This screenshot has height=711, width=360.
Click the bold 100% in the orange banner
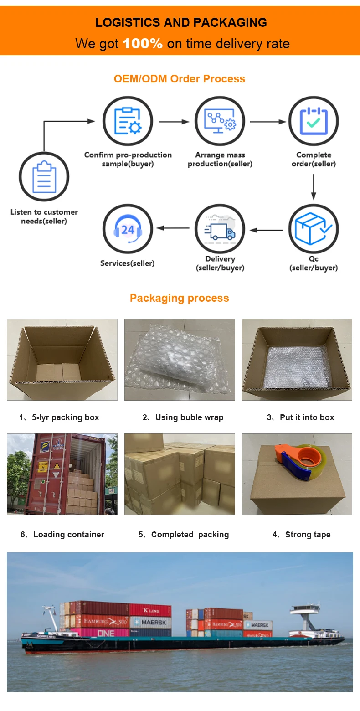click(x=143, y=44)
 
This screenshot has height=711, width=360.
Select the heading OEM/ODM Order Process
click(x=180, y=79)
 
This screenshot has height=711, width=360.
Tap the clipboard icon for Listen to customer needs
click(x=44, y=176)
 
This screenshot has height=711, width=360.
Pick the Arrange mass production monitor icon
click(x=220, y=121)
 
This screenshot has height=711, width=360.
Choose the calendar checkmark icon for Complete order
click(x=313, y=121)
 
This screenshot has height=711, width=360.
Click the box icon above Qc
click(x=313, y=229)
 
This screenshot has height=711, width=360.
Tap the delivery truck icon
click(x=220, y=229)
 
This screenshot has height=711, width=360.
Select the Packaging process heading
click(x=180, y=298)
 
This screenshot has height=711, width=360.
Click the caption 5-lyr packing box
click(x=59, y=417)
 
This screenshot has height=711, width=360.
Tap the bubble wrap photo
click(x=180, y=360)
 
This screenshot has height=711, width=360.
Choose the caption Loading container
click(x=62, y=535)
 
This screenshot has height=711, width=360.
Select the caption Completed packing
click(x=184, y=535)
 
